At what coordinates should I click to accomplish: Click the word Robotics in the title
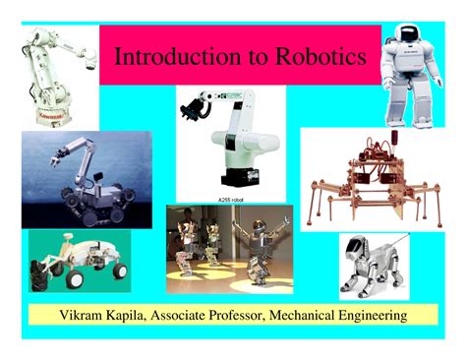coord(319,57)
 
